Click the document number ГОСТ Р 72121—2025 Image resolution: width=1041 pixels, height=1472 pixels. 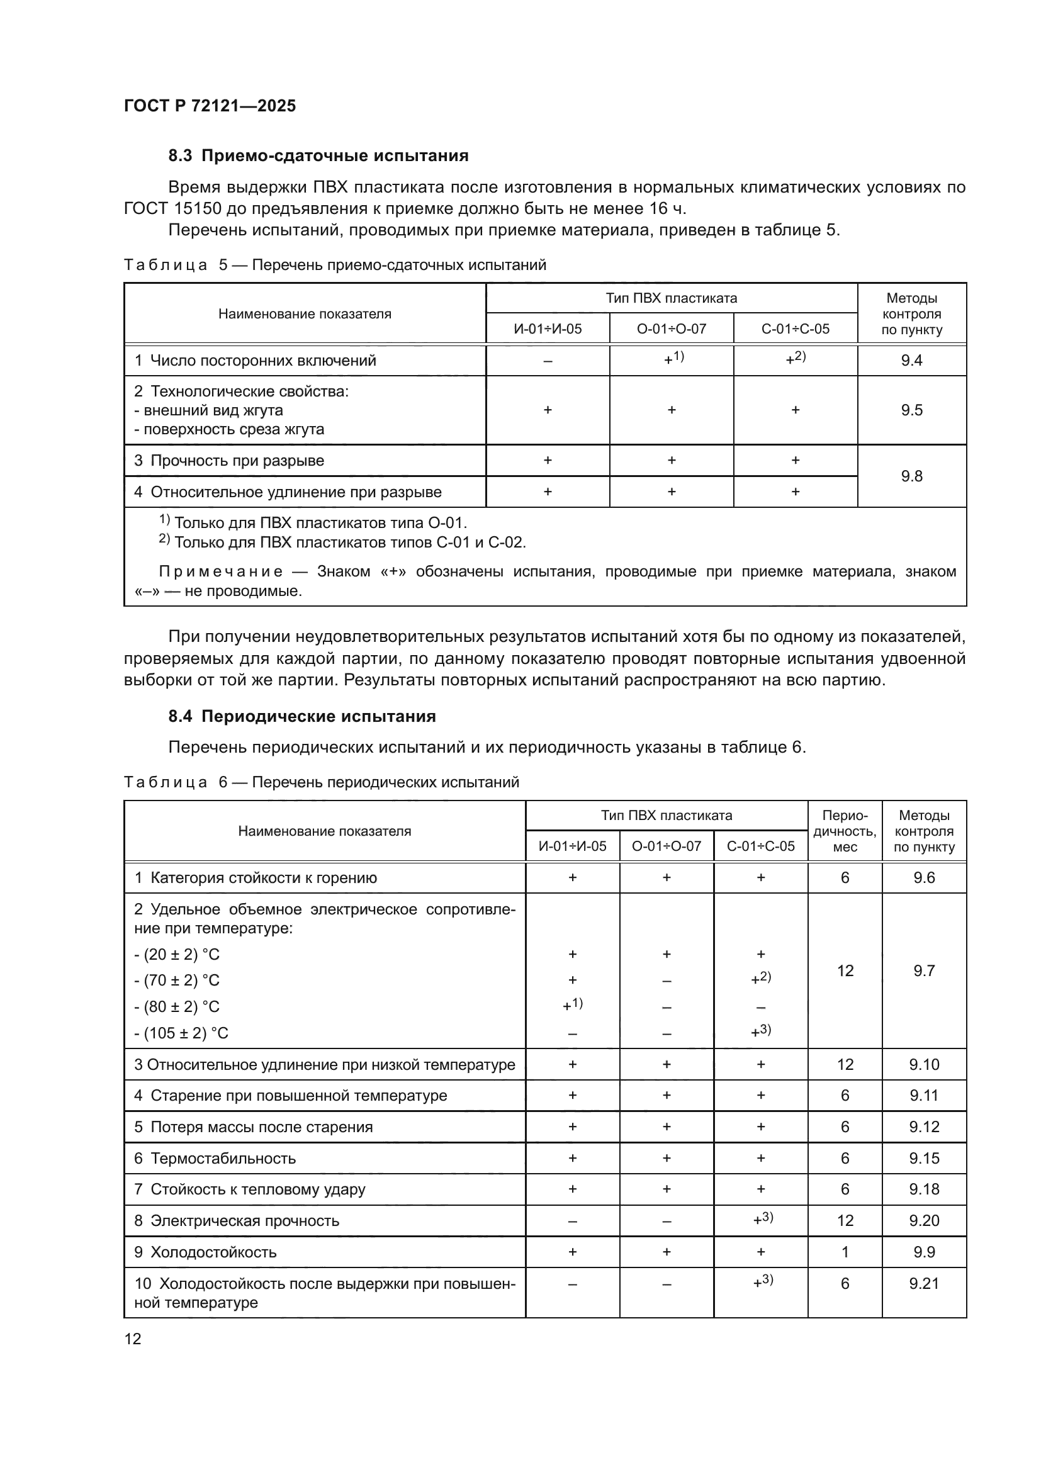(x=210, y=106)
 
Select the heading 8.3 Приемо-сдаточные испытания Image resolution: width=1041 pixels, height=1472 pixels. (x=318, y=156)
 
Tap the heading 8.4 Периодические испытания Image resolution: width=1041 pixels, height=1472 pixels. (x=302, y=716)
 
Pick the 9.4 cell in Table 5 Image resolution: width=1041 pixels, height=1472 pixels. (x=911, y=361)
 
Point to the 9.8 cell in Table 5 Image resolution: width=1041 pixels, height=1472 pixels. (x=911, y=476)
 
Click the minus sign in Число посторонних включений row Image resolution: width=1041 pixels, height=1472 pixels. (x=548, y=361)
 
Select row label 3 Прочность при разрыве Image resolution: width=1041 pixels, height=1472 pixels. (x=230, y=460)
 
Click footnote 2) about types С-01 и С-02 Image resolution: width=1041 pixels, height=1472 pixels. (x=343, y=542)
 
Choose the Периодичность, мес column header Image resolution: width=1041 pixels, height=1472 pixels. (x=844, y=831)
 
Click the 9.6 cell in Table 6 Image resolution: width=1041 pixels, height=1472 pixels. (x=924, y=878)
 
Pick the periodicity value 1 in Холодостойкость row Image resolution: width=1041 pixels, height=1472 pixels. (x=844, y=1252)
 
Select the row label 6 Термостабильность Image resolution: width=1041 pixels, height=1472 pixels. (x=215, y=1159)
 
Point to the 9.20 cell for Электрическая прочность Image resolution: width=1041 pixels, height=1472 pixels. (x=924, y=1221)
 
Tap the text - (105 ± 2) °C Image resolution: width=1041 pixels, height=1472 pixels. (x=181, y=1033)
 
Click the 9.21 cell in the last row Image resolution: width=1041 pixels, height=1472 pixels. (x=924, y=1283)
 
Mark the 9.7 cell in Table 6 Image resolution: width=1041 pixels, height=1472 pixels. (x=924, y=970)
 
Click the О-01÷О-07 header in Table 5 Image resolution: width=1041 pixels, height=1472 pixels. (x=671, y=329)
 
